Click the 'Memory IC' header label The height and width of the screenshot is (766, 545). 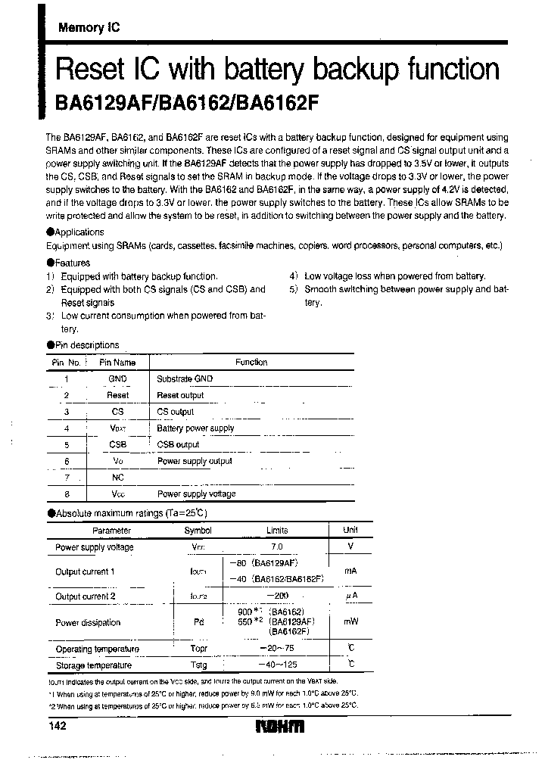coord(89,27)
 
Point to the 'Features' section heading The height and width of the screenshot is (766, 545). coord(73,261)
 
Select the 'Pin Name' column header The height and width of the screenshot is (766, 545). coord(117,362)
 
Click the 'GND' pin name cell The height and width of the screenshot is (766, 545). coord(117,378)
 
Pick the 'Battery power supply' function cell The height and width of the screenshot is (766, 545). coord(195,428)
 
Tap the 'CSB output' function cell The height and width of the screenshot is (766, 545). coord(178,445)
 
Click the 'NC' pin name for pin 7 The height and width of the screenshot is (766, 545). coord(117,478)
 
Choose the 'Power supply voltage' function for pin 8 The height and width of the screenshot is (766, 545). coord(196,494)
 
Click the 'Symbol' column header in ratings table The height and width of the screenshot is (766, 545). coord(198,531)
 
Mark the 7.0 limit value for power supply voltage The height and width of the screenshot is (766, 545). coord(277,546)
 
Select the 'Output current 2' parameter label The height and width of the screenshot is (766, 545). coord(86,596)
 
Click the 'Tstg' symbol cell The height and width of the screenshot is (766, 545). coord(198,665)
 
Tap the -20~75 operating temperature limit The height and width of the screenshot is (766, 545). coord(277,649)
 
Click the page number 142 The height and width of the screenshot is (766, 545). coord(58,725)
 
